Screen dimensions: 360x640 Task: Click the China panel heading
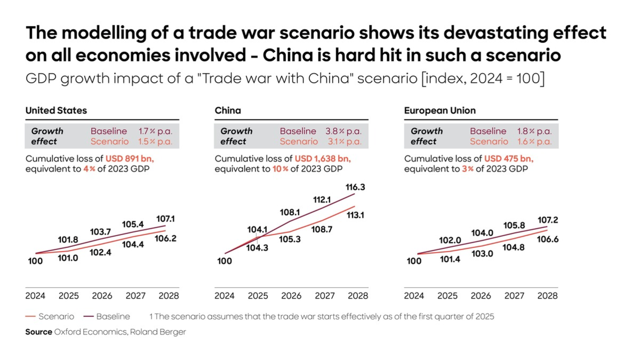click(228, 110)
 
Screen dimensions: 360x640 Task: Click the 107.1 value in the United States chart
click(166, 219)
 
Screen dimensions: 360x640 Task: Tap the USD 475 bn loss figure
click(509, 158)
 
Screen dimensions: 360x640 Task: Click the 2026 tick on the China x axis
click(291, 295)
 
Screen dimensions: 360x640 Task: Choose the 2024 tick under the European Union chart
click(414, 295)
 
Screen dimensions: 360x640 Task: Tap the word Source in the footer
click(39, 332)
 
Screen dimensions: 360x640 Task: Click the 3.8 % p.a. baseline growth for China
click(343, 131)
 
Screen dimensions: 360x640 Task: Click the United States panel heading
click(56, 110)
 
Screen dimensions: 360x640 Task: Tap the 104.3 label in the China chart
click(258, 247)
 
